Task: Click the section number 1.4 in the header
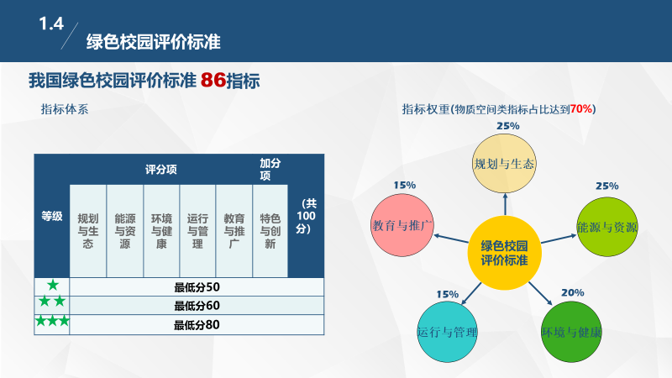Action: [51, 25]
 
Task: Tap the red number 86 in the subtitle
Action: [213, 81]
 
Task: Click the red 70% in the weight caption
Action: [581, 109]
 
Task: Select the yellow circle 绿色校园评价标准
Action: [504, 253]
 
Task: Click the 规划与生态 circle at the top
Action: [504, 163]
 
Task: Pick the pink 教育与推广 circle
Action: [402, 225]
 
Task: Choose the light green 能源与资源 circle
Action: [607, 227]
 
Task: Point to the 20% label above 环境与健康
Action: [572, 292]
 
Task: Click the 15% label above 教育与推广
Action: [404, 185]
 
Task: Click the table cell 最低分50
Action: [197, 286]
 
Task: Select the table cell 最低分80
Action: [197, 324]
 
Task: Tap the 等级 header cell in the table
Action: [52, 216]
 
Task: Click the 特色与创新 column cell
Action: [269, 230]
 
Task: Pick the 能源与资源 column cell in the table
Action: [124, 230]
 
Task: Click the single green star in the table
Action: [52, 286]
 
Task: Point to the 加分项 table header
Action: [269, 169]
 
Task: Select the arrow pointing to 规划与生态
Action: [505, 204]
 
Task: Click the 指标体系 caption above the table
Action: [65, 108]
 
